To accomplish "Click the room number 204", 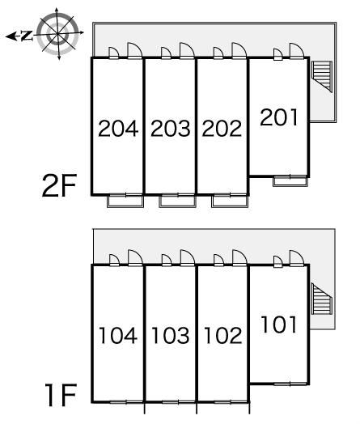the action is tap(118, 129).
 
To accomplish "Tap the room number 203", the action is tap(170, 129).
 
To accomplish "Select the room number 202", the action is tap(222, 129).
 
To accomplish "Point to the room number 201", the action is tap(278, 117).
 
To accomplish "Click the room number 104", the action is tap(118, 335).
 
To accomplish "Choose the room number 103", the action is tap(170, 335).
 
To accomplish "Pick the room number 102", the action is tap(222, 335).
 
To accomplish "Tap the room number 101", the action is tap(278, 324).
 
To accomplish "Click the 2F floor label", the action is tap(59, 185).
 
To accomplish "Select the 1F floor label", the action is tap(61, 395).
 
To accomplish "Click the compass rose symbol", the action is tap(57, 33).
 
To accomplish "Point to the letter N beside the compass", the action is tap(27, 36).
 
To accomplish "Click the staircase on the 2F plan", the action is tap(322, 77).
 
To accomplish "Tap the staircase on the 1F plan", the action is tap(322, 299).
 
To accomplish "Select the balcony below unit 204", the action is tap(125, 201).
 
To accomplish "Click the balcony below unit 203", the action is tap(177, 201).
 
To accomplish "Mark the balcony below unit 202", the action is tap(230, 201).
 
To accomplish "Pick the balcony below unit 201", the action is tap(290, 181).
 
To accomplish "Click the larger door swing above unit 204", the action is tap(135, 50).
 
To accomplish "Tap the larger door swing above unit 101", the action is tap(297, 258).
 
